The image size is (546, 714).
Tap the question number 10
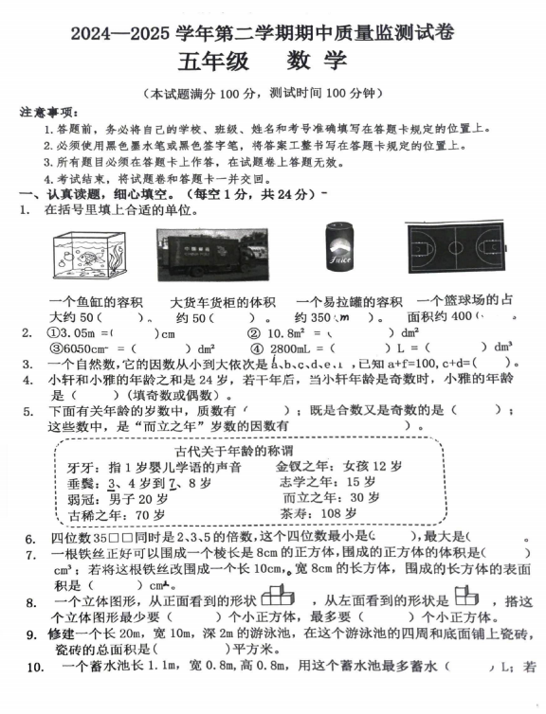point(34,669)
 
